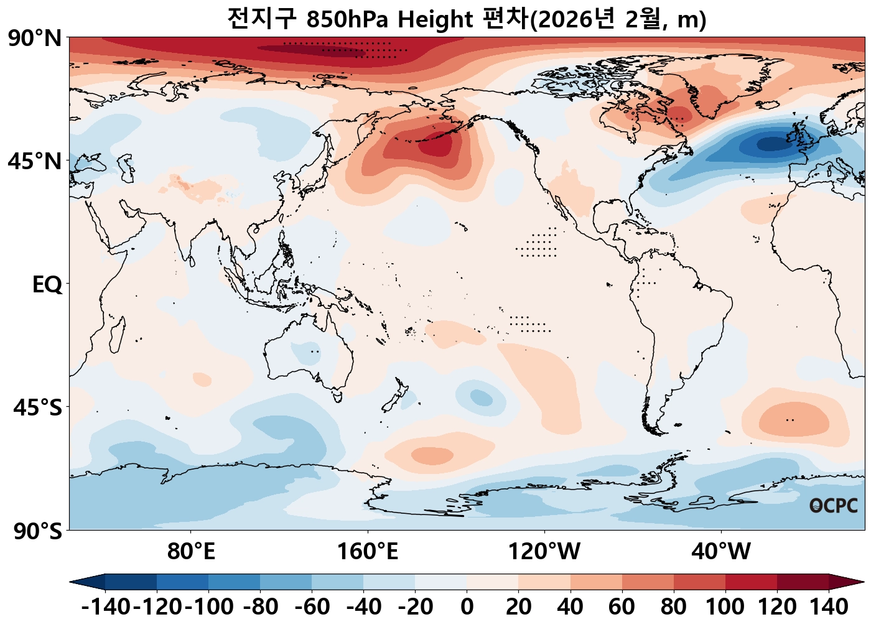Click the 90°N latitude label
(x=35, y=39)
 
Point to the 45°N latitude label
(x=35, y=162)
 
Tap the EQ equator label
(x=47, y=285)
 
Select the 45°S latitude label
(x=37, y=408)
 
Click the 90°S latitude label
(x=37, y=532)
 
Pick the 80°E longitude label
(x=191, y=551)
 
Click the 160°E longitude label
(x=367, y=551)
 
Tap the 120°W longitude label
(x=544, y=551)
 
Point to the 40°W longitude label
(x=721, y=551)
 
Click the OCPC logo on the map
(x=834, y=506)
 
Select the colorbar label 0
(x=467, y=606)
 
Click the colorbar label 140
(x=829, y=606)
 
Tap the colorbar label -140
(x=106, y=606)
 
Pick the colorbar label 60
(x=622, y=606)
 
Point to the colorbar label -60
(x=312, y=606)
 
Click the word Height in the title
(x=435, y=20)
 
